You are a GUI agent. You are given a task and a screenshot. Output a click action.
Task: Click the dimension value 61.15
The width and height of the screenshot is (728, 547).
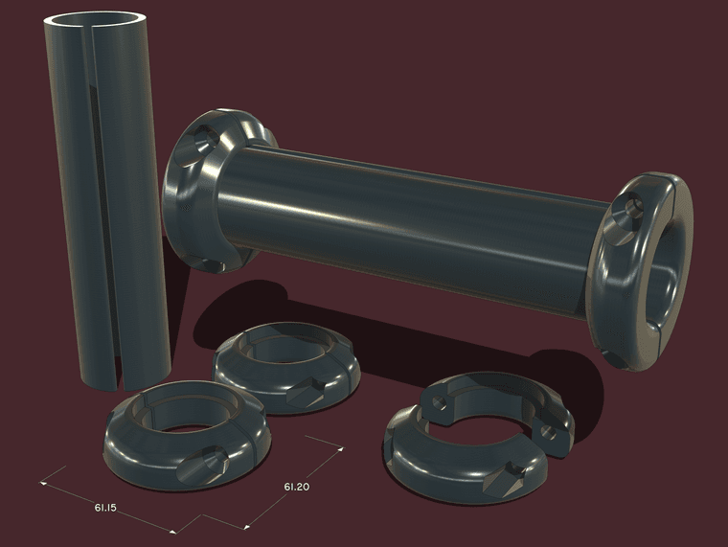[x=105, y=508]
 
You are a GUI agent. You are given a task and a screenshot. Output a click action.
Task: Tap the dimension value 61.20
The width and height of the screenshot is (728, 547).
[x=297, y=487]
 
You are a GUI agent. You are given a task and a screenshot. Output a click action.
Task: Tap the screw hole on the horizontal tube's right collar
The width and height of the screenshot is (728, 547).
[x=630, y=210]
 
